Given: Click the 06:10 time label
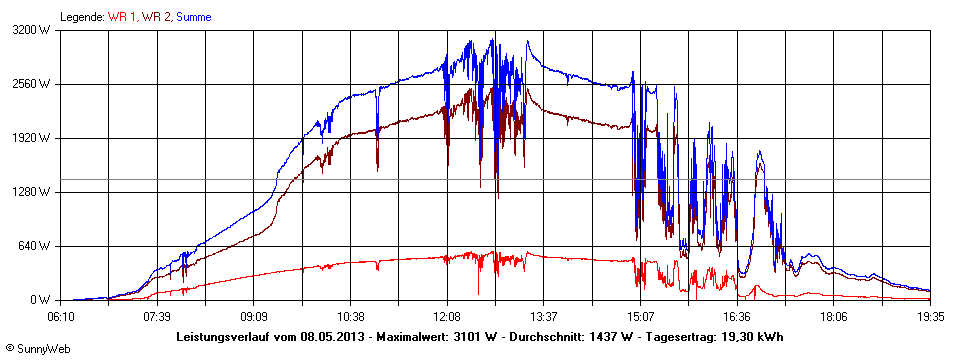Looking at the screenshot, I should [61, 315].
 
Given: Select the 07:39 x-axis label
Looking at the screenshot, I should [157, 315].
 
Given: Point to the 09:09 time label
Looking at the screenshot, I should [254, 315].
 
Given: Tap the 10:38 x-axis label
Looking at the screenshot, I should [351, 315].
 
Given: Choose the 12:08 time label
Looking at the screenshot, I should [447, 315].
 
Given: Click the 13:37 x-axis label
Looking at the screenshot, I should [544, 315].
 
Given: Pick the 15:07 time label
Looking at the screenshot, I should [641, 315].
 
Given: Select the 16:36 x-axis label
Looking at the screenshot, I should [737, 315].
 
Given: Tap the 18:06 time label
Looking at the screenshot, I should [834, 315].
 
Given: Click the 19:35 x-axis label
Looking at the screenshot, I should [930, 315].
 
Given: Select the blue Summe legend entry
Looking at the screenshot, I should [195, 17].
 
